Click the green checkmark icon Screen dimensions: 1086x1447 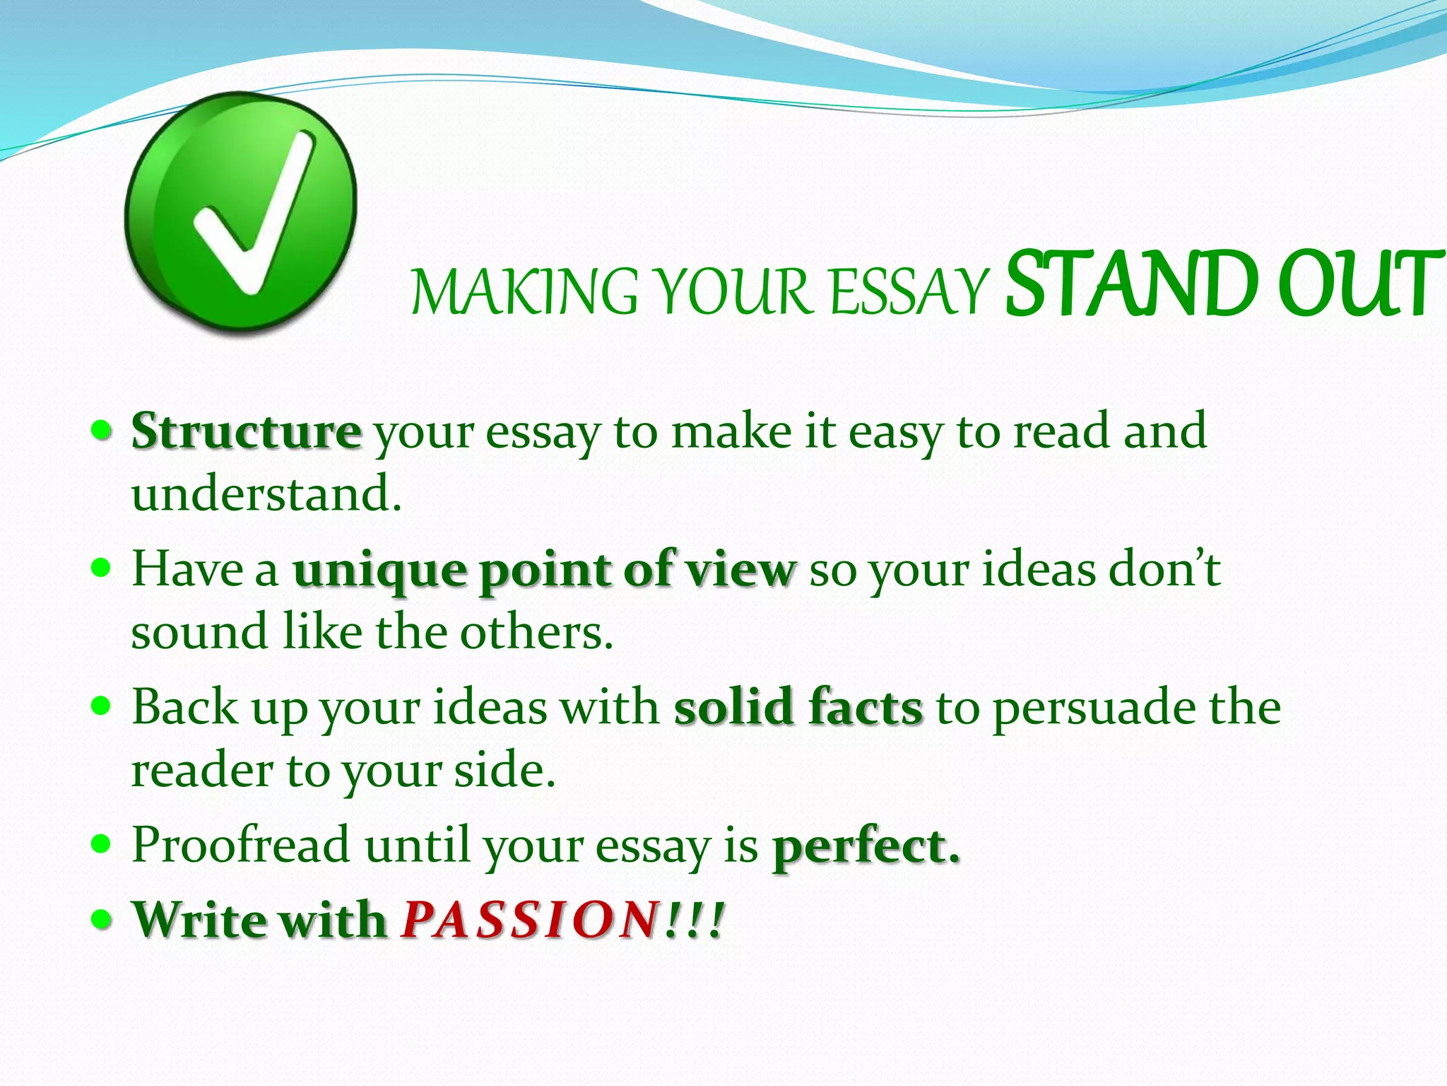[x=241, y=212]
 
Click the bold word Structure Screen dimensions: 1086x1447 [x=247, y=431]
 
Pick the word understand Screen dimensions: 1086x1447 [x=266, y=494]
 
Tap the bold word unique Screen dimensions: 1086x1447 [x=379, y=570]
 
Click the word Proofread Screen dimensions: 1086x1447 [x=241, y=844]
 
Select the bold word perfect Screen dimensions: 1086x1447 [x=866, y=846]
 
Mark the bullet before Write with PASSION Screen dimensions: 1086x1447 [x=102, y=919]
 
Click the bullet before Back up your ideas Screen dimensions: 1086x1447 [x=102, y=706]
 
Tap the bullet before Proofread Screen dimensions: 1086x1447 [x=102, y=843]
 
